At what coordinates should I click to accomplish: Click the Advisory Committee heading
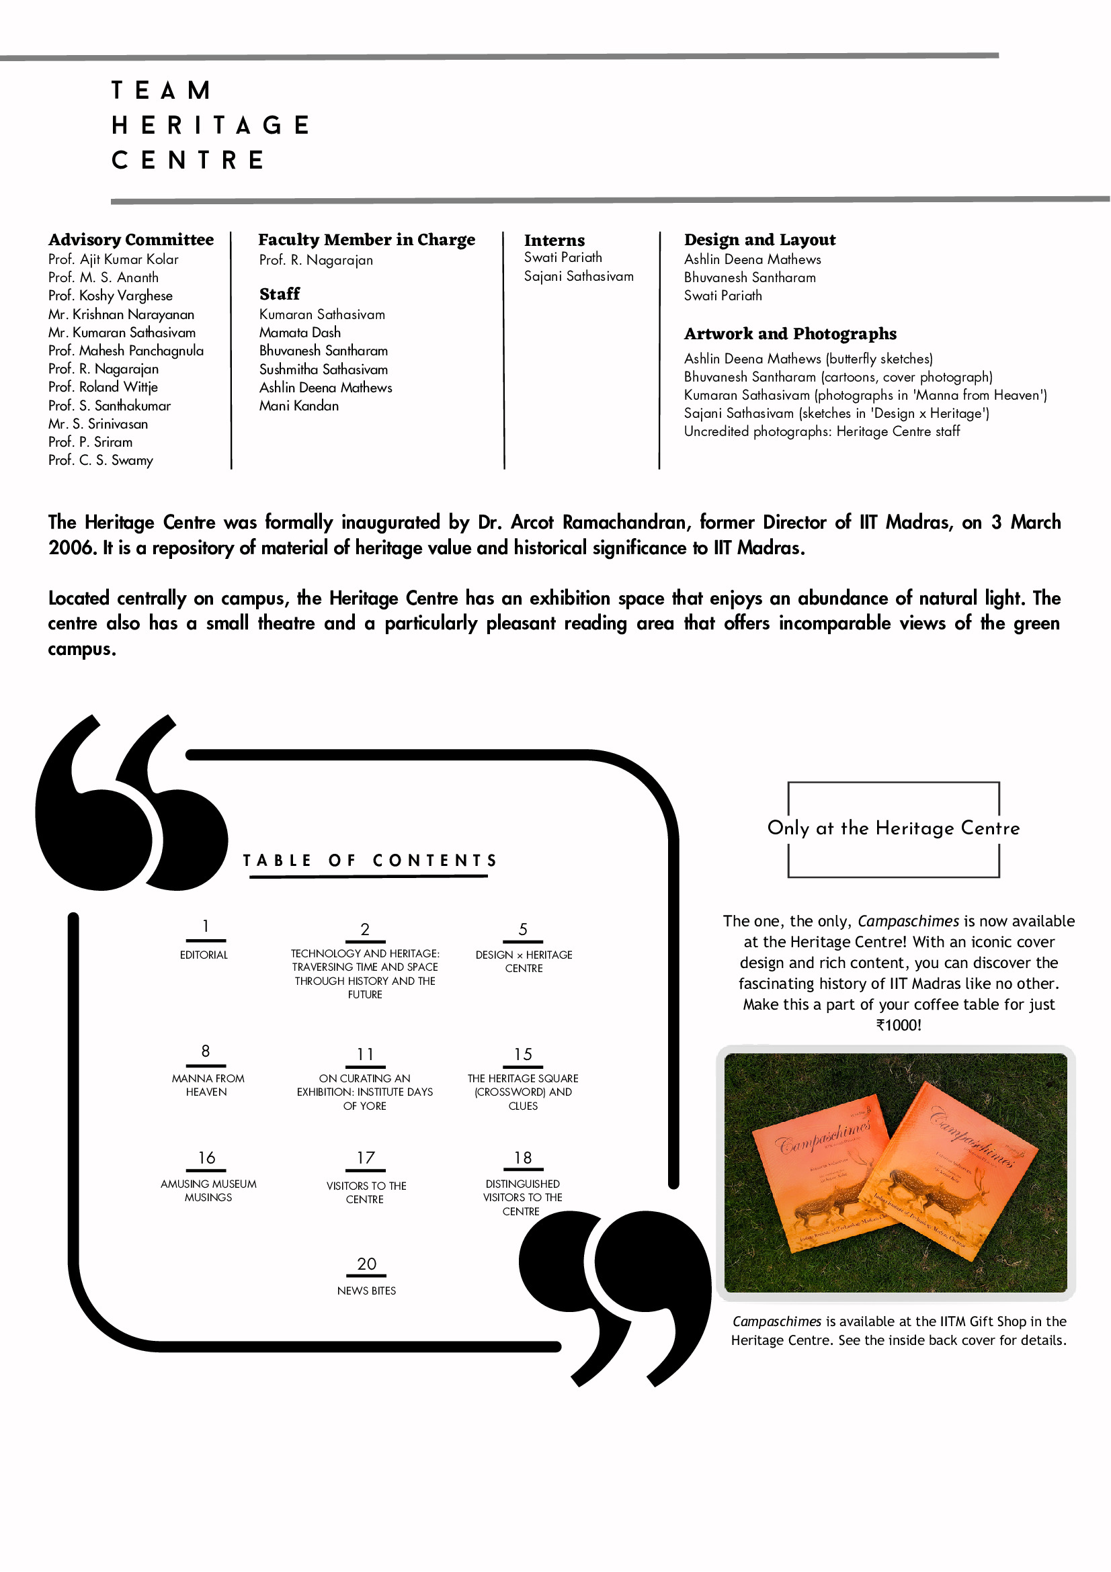(x=131, y=240)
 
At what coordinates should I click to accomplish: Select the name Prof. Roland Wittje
(x=103, y=387)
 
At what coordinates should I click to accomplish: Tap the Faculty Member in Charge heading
(x=366, y=240)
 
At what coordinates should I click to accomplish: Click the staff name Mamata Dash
(x=300, y=333)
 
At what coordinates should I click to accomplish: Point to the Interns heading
(x=554, y=241)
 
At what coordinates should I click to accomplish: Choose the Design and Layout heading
(x=759, y=240)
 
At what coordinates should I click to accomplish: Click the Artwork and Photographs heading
(x=790, y=334)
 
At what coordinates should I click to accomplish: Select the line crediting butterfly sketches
(x=809, y=359)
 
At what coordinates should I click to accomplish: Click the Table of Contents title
(x=370, y=861)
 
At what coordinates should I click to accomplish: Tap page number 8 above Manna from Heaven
(x=206, y=1051)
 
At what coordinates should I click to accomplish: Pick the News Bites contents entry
(x=366, y=1291)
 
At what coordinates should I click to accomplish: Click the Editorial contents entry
(x=204, y=955)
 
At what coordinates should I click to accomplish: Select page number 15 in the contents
(x=524, y=1055)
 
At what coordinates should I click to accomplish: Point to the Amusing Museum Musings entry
(x=208, y=1190)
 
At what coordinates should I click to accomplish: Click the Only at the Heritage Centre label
(x=893, y=828)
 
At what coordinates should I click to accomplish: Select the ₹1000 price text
(x=899, y=1025)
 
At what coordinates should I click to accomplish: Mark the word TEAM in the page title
(x=161, y=91)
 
